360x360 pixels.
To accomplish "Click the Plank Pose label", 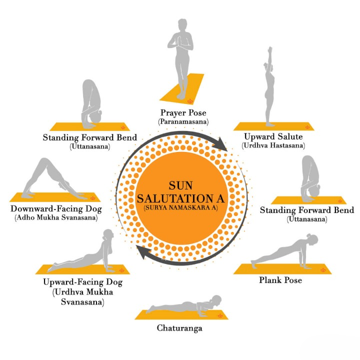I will tap(280, 280).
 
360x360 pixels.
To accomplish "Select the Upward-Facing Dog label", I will tap(82, 282).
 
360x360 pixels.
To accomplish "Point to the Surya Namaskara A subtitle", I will tap(180, 206).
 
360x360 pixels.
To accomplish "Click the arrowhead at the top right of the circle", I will tap(220, 145).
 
